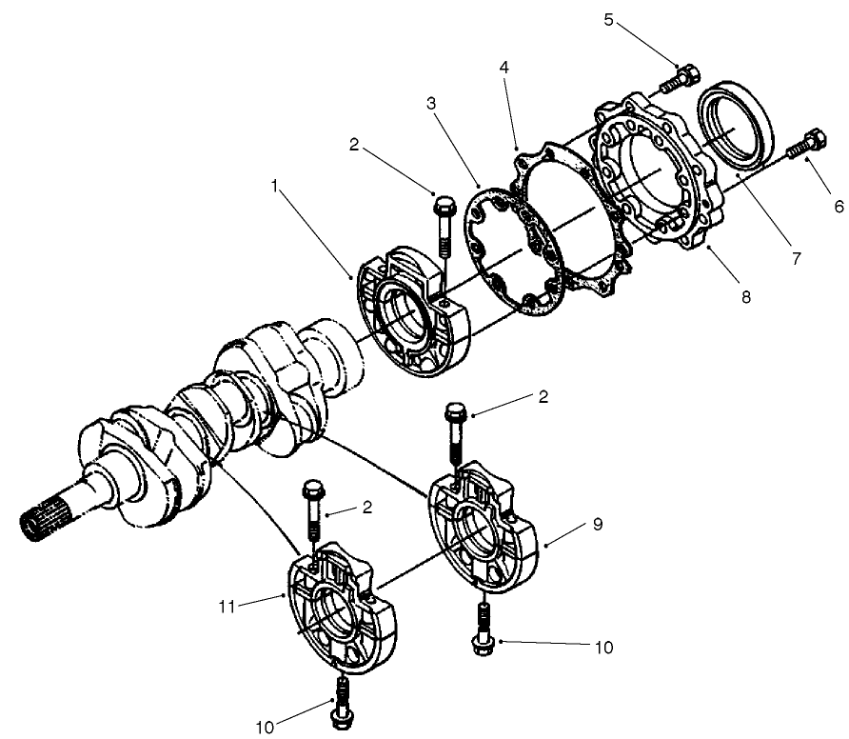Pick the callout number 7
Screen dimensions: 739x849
pos(795,257)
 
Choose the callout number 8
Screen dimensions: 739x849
pos(745,297)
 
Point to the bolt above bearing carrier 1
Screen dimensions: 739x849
pos(443,223)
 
